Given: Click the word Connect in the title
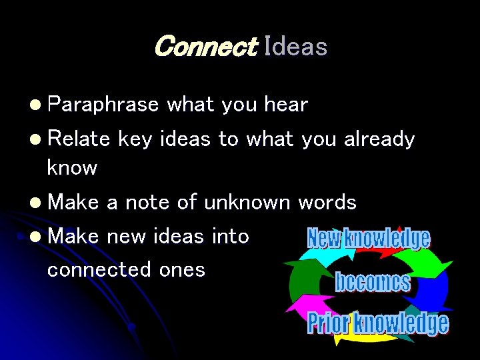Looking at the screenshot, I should click(205, 47).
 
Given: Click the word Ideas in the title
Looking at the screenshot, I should click(295, 47).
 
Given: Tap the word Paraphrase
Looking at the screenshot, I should click(103, 105).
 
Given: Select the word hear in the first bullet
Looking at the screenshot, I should click(285, 105).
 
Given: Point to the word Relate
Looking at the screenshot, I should click(79, 139).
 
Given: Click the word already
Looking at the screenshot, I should click(379, 139).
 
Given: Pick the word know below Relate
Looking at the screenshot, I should click(72, 167).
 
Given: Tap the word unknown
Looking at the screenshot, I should click(247, 202).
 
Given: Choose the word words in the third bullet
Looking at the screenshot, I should click(327, 202).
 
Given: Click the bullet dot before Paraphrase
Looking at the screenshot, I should click(35, 105).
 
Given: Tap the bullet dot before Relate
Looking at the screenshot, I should click(35, 139).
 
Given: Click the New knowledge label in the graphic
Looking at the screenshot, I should click(368, 239).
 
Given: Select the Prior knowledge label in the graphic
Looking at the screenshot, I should click(377, 323).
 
